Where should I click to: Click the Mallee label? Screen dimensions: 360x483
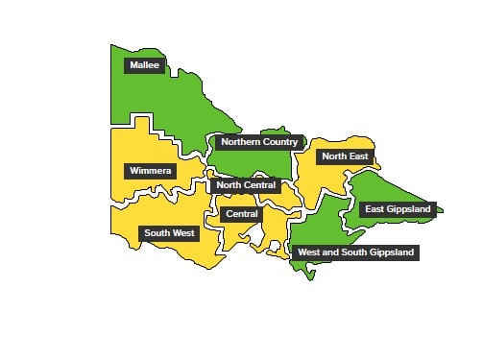pos(144,65)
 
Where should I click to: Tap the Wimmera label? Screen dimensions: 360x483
pos(150,171)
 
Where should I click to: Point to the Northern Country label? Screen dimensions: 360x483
pos(259,142)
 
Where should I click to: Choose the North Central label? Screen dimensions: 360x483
pos(246,184)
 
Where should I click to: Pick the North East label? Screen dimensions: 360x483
pos(345,156)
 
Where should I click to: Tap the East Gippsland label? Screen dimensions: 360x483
pos(398,208)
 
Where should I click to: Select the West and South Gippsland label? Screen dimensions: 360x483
pos(355,252)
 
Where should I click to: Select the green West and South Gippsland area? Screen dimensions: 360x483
pos(317,230)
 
